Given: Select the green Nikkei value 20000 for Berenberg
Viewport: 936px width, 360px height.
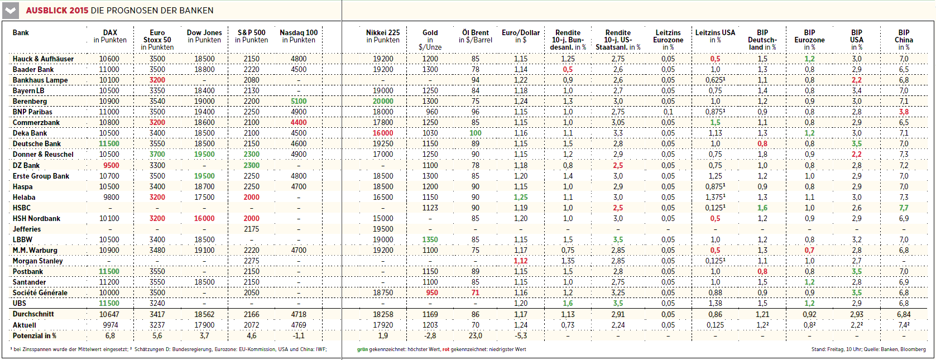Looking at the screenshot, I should tap(383, 101).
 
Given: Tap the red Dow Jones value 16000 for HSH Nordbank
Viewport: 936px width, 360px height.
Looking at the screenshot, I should tap(204, 218).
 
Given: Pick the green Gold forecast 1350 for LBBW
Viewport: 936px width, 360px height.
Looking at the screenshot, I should tap(430, 239).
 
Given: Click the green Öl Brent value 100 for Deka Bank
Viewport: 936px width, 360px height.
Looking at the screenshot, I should tap(476, 133).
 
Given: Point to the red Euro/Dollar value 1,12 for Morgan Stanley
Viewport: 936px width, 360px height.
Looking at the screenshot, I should tap(521, 261).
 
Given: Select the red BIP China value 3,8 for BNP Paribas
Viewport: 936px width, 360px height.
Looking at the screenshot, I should tap(904, 112).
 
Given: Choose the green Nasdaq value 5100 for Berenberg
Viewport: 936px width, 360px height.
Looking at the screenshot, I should tap(299, 101).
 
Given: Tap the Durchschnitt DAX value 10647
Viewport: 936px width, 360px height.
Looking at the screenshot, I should tap(109, 314).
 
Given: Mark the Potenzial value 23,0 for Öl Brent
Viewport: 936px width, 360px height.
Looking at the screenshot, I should tap(476, 335).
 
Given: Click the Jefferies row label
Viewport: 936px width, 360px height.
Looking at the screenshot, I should tap(27, 229).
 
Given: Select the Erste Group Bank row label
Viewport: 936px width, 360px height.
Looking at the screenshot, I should tap(41, 176).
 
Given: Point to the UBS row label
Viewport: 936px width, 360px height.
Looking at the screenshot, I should tap(20, 303).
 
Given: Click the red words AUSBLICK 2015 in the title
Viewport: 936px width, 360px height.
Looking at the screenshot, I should tap(57, 11).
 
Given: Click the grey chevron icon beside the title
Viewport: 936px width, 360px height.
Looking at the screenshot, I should tap(11, 11).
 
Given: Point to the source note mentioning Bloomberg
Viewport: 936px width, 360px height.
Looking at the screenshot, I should tap(868, 349).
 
